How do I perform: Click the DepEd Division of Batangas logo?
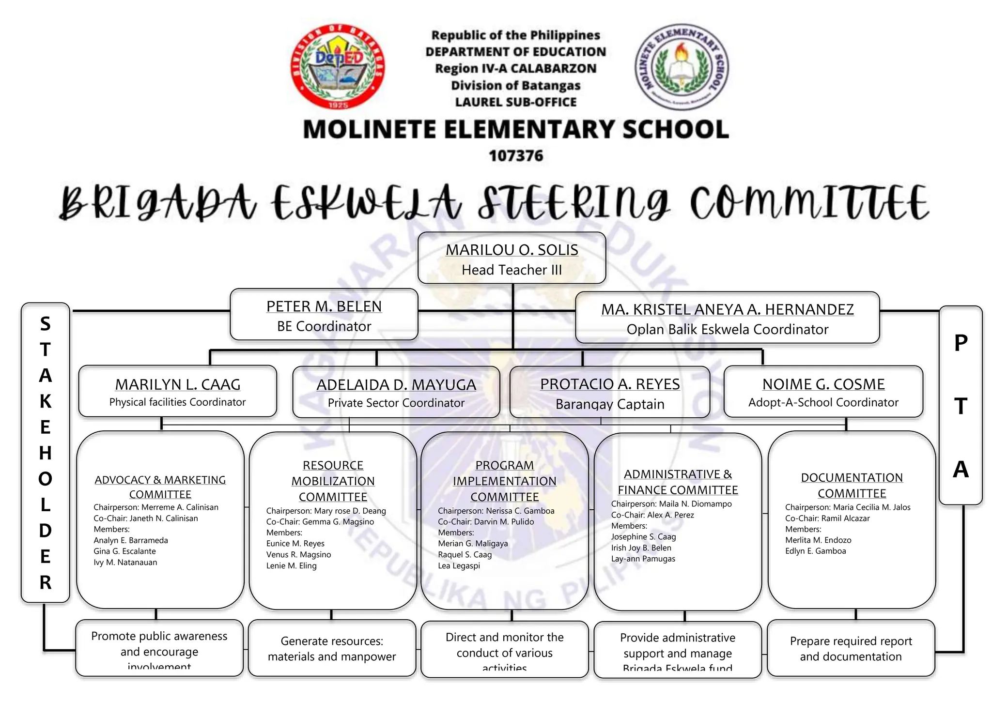pyautogui.click(x=338, y=66)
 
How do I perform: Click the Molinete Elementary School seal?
pyautogui.click(x=681, y=66)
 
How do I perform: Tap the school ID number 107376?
pyautogui.click(x=516, y=156)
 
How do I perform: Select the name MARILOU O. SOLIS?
pyautogui.click(x=512, y=250)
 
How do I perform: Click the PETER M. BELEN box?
pyautogui.click(x=324, y=315)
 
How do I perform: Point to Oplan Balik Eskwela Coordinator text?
pyautogui.click(x=727, y=329)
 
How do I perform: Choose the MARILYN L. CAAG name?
pyautogui.click(x=178, y=384)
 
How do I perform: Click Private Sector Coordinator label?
pyautogui.click(x=396, y=403)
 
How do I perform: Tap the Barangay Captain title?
pyautogui.click(x=610, y=404)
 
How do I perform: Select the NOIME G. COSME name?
pyautogui.click(x=823, y=384)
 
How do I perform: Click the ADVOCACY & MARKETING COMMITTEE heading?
pyautogui.click(x=160, y=487)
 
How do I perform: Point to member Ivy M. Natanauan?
pyautogui.click(x=125, y=562)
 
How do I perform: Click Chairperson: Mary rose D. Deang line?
pyautogui.click(x=326, y=511)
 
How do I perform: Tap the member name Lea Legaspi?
pyautogui.click(x=459, y=565)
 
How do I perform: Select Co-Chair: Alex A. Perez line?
pyautogui.click(x=652, y=515)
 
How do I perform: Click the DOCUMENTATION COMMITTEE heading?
pyautogui.click(x=852, y=485)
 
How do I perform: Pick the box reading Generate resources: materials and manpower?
pyautogui.click(x=332, y=648)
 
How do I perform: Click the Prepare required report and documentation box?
pyautogui.click(x=851, y=648)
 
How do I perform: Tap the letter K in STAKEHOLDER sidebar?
pyautogui.click(x=45, y=401)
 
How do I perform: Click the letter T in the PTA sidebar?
pyautogui.click(x=961, y=406)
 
